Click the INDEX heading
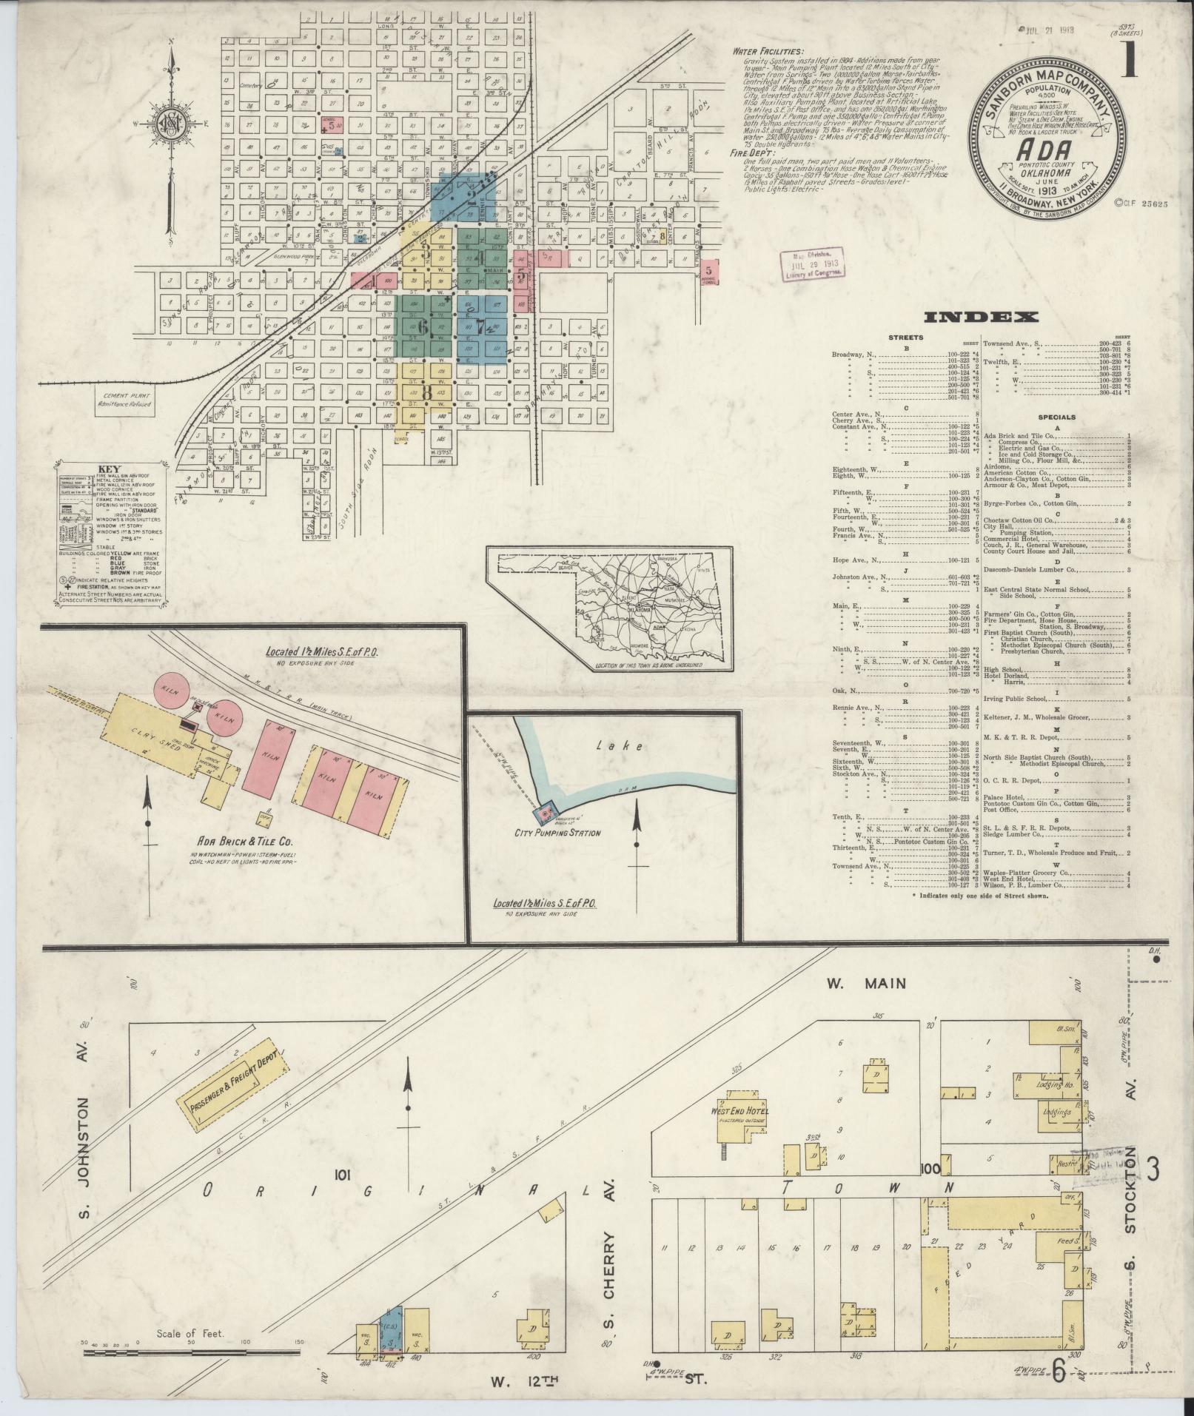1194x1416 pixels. click(980, 318)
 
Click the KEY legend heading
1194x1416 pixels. click(109, 469)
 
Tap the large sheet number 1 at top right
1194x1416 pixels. click(1130, 59)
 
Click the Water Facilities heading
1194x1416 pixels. click(766, 52)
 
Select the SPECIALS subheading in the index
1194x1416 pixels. click(1056, 417)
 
